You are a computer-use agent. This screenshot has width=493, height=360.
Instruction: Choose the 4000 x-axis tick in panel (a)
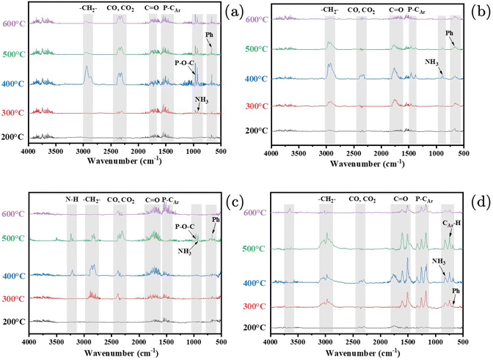click(29, 150)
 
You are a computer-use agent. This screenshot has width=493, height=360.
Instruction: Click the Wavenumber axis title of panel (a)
click(124, 158)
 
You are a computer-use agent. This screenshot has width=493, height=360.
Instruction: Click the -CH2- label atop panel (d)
click(328, 198)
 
